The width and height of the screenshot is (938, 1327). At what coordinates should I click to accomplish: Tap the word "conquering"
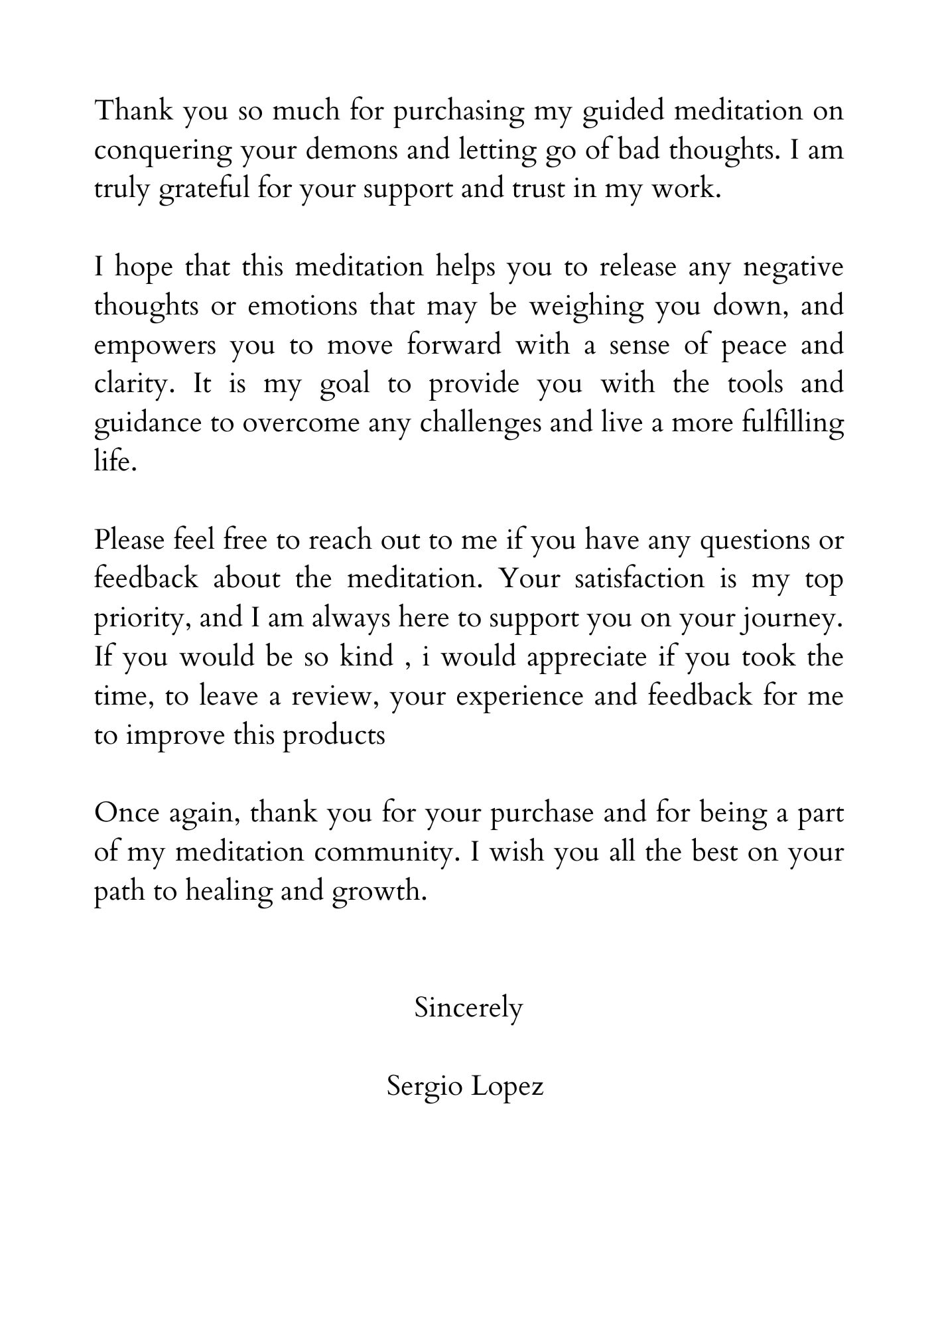click(x=163, y=151)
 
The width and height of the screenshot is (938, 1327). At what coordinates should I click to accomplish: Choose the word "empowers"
click(x=155, y=346)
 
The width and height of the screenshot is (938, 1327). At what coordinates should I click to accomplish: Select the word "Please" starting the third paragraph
click(x=129, y=540)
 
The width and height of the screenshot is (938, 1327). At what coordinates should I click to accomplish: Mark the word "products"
click(x=334, y=736)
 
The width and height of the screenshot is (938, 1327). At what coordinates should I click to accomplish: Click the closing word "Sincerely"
click(x=468, y=1008)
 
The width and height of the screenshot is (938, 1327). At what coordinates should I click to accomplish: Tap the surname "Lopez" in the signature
click(x=507, y=1086)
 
